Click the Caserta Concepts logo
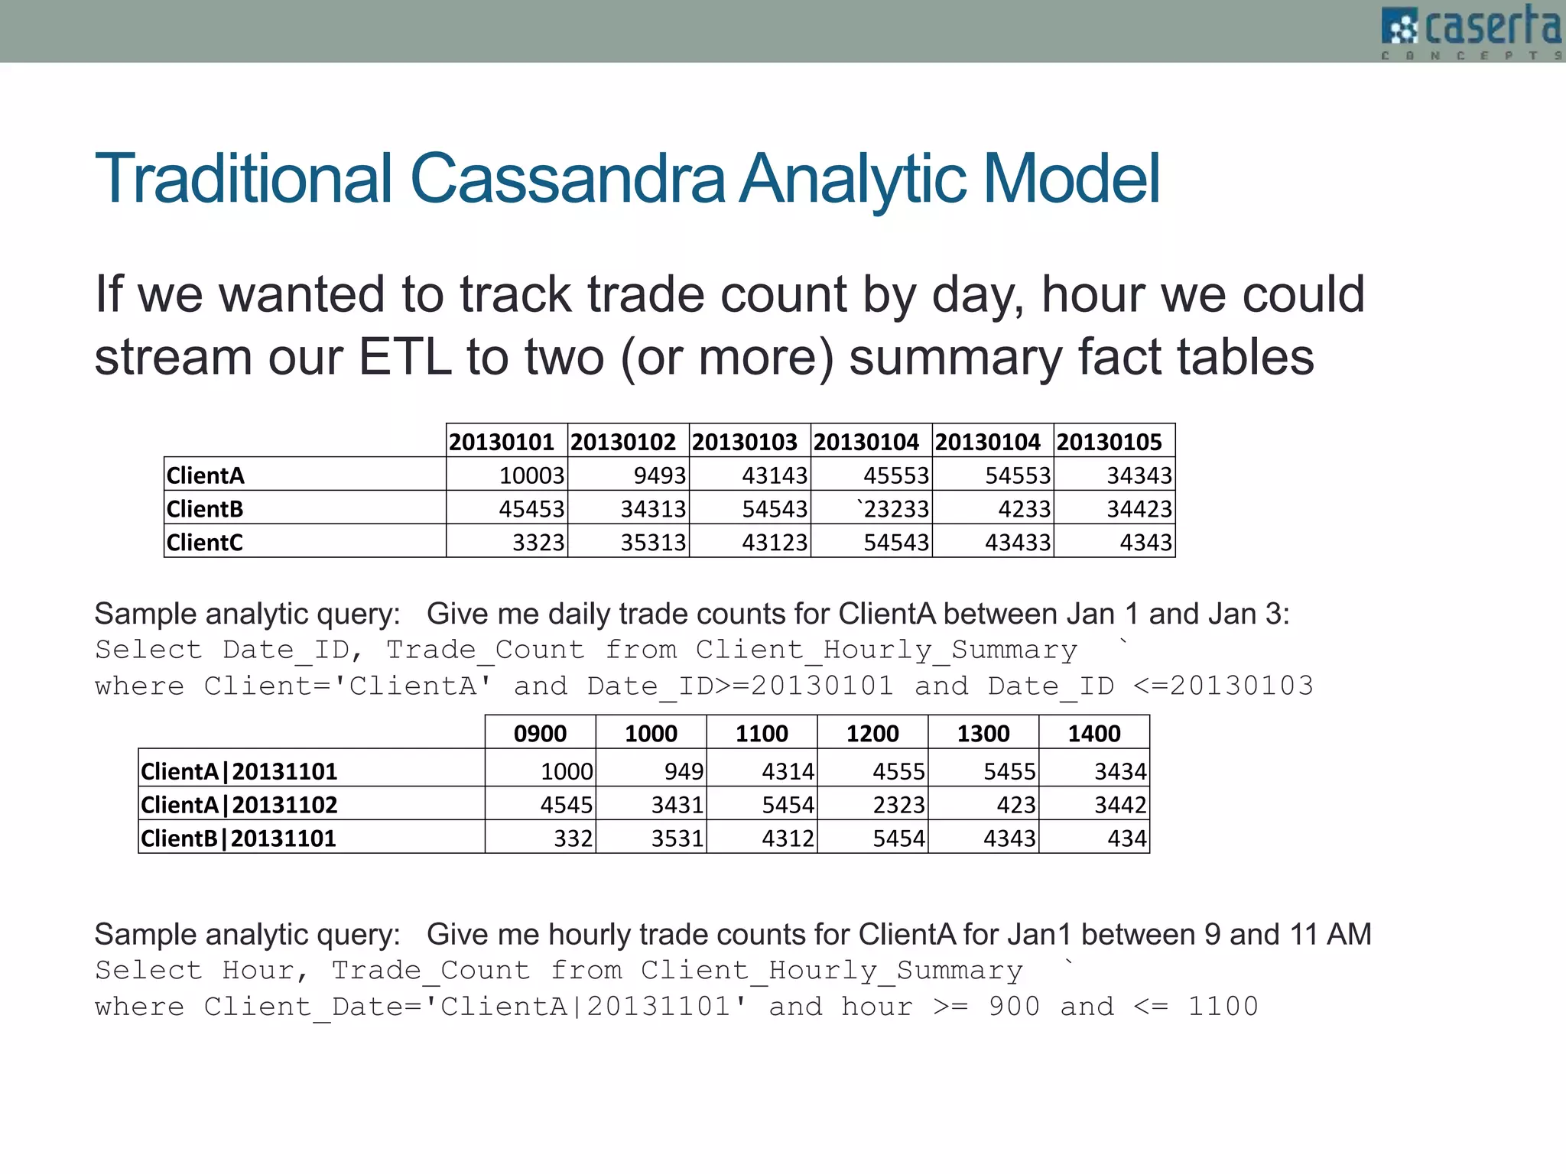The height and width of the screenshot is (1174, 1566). point(1471,31)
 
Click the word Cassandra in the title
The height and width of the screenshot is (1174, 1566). point(567,179)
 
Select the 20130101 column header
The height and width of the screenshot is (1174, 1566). point(502,442)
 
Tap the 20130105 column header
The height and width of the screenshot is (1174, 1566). point(1110,442)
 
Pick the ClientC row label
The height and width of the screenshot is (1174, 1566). point(205,542)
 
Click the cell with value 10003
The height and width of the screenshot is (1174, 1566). point(531,475)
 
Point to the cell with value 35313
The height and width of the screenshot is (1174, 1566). point(653,542)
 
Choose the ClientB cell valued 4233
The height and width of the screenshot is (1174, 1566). point(1024,508)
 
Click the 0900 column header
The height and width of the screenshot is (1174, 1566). point(540,734)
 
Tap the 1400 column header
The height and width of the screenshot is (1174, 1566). point(1093,734)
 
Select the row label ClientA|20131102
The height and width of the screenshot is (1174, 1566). point(239,804)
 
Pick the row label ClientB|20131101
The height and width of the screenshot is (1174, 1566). point(239,838)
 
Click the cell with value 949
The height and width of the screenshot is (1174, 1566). point(684,771)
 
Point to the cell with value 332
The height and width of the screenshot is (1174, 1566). point(573,838)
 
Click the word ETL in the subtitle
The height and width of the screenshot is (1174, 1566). point(404,357)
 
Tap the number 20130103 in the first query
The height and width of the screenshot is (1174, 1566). point(1242,686)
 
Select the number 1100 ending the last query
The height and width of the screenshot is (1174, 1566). point(1223,1006)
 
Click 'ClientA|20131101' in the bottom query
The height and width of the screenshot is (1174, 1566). point(586,1006)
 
